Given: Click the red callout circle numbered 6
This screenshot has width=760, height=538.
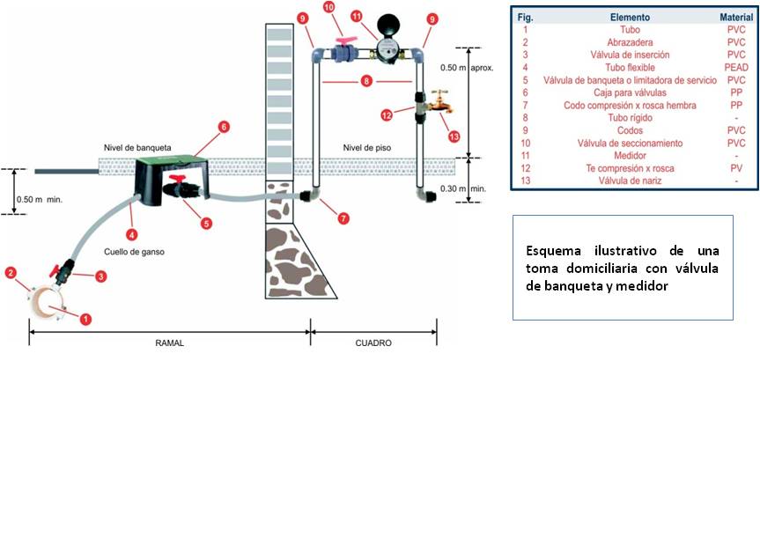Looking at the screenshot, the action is point(224,127).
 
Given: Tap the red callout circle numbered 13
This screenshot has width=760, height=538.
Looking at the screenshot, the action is point(454,136).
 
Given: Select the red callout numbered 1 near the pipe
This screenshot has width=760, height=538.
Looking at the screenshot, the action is point(85,319).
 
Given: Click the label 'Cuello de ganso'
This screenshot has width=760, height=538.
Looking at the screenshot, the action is point(134,252).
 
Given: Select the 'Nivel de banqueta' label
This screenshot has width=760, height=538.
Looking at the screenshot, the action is point(137,148).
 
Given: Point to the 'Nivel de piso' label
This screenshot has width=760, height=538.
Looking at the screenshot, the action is point(367,148).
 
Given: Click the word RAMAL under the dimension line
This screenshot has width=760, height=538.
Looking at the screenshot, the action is point(170,343).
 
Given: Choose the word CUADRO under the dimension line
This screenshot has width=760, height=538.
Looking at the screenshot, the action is point(373,343).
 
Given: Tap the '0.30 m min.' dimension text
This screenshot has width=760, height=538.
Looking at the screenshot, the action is point(463,188).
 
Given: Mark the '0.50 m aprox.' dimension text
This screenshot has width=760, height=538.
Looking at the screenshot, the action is point(467,68).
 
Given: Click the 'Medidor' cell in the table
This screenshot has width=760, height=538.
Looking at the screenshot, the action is point(630,156).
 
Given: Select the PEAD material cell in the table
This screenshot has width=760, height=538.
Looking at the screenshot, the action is point(736,68).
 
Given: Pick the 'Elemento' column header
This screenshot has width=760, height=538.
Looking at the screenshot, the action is point(630,18).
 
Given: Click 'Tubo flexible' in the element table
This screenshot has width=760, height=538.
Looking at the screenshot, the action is point(630,68).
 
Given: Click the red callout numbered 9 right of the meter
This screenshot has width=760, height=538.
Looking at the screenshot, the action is point(432,18).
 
